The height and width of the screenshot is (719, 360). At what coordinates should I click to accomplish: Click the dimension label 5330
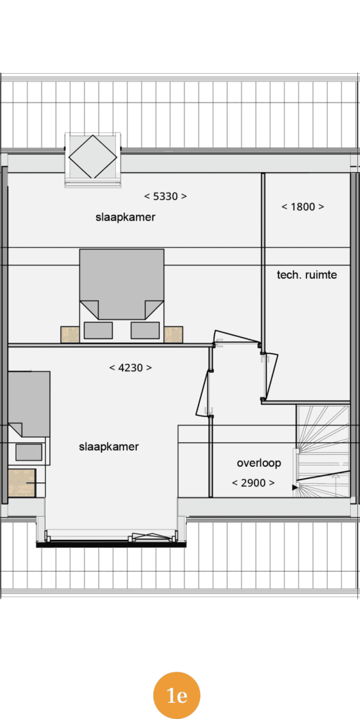click(166, 197)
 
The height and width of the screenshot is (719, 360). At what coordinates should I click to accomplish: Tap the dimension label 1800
click(302, 207)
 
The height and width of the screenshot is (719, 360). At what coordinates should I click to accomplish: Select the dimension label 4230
click(131, 368)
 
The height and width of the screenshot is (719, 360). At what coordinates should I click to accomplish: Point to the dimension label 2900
click(253, 483)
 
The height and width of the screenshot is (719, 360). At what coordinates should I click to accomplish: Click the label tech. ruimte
click(307, 275)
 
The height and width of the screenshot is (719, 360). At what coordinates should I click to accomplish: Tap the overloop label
click(259, 463)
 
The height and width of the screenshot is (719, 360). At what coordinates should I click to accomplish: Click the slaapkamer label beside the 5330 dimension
click(126, 218)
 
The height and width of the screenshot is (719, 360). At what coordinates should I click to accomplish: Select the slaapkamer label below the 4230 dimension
click(109, 447)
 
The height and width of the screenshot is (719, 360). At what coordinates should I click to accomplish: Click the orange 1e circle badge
click(177, 695)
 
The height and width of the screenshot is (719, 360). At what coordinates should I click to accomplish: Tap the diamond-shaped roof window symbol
click(93, 157)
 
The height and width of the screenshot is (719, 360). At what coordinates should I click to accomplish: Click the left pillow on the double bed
click(98, 330)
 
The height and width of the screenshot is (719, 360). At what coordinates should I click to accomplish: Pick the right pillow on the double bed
click(145, 330)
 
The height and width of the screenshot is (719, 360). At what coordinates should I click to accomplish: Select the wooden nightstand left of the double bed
click(70, 334)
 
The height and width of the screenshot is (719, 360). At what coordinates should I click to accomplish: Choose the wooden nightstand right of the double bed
click(173, 334)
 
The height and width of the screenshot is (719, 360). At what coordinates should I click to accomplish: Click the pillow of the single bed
click(29, 452)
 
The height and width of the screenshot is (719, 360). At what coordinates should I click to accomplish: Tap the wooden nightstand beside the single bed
click(22, 482)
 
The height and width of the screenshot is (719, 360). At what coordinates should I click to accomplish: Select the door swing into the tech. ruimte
click(270, 377)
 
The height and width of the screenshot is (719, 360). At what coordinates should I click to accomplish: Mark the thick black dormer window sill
click(112, 544)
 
